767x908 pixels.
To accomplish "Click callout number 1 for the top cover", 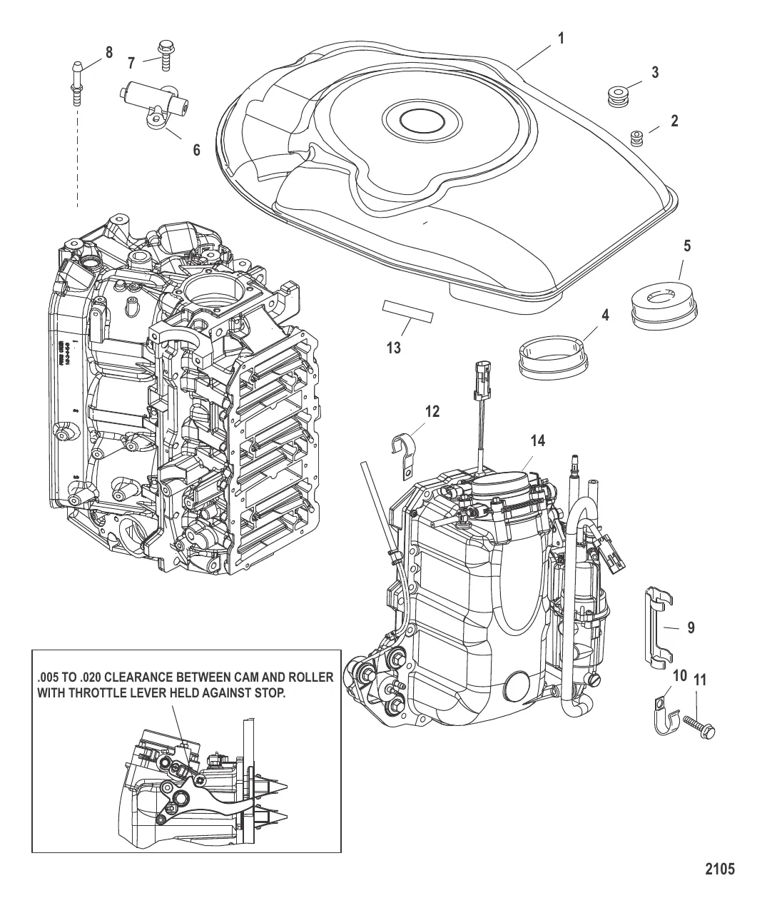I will (x=562, y=38).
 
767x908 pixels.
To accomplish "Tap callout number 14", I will (x=537, y=440).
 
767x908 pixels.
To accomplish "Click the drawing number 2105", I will (x=719, y=869).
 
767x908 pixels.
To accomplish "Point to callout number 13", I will (x=393, y=348).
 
